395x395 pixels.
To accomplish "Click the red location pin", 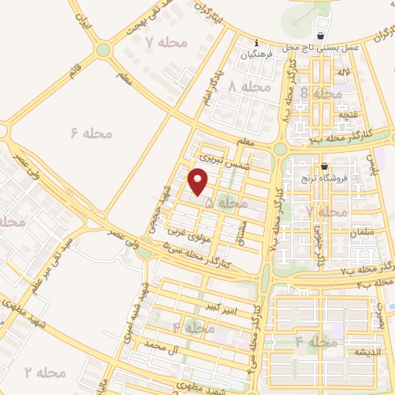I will [199, 182].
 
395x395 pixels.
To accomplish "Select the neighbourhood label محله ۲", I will [45, 373].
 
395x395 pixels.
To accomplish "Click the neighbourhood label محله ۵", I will [227, 203].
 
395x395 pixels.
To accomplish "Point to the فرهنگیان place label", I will [256, 54].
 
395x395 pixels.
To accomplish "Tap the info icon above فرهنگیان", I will [256, 43].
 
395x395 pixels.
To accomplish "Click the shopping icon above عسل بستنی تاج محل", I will [322, 36].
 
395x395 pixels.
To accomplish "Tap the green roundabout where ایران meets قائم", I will [103, 50].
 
